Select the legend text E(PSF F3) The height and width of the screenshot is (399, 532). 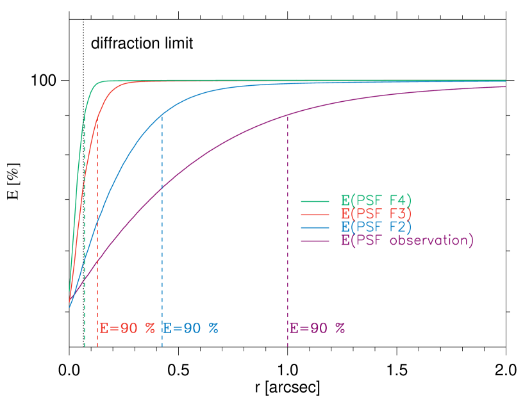376,213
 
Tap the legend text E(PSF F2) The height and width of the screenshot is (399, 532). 376,227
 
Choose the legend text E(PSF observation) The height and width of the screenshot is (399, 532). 407,241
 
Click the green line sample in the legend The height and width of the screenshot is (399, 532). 315,200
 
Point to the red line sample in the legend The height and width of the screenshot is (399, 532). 315,214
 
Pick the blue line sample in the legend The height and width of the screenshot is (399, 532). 315,227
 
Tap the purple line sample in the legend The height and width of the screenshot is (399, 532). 315,241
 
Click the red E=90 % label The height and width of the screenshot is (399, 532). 127,328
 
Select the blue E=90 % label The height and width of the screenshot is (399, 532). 190,328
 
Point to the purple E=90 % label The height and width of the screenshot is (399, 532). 317,328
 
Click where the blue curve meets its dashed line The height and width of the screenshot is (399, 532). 162,114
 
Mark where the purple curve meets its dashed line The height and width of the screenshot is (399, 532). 288,114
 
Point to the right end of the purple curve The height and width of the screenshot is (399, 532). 505,86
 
